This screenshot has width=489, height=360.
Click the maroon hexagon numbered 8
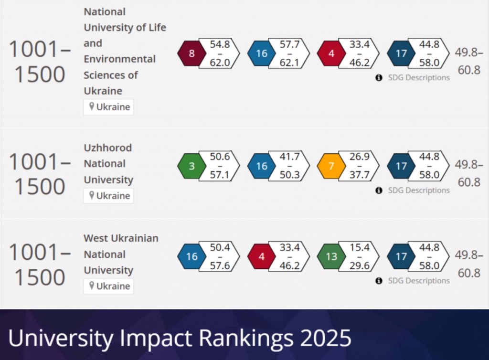coord(191,53)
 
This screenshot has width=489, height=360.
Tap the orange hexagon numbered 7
coord(331,166)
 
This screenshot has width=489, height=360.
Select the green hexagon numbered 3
coord(191,166)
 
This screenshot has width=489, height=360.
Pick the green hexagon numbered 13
coord(331,256)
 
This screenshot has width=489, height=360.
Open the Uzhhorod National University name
coord(108,164)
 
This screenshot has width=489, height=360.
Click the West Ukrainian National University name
coord(121,254)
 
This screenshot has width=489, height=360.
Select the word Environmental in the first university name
coord(120,59)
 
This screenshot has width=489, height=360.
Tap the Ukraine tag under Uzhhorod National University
coord(109,196)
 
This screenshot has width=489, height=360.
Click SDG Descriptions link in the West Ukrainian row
coord(418,281)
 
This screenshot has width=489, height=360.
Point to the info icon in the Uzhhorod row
coord(379,191)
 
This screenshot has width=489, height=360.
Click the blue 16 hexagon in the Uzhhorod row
coord(262,166)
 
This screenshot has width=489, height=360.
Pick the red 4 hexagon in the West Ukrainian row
coord(262,256)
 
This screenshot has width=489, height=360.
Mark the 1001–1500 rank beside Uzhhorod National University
coord(40,174)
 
